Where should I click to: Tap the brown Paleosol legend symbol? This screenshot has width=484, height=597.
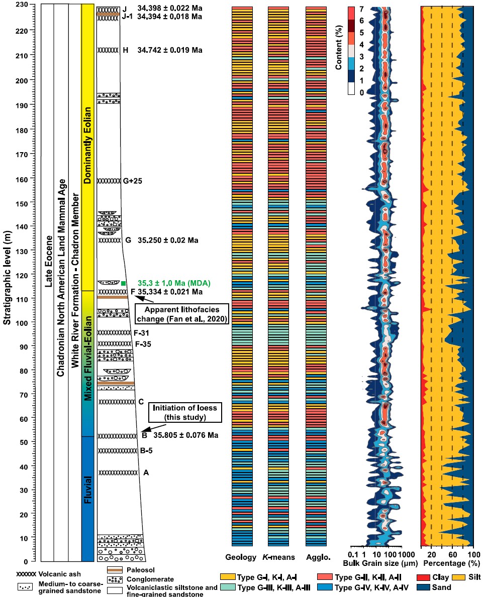pos(115,570)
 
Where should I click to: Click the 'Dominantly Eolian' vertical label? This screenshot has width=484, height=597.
pos(88,146)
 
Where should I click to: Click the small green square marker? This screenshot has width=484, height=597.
pos(124,284)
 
